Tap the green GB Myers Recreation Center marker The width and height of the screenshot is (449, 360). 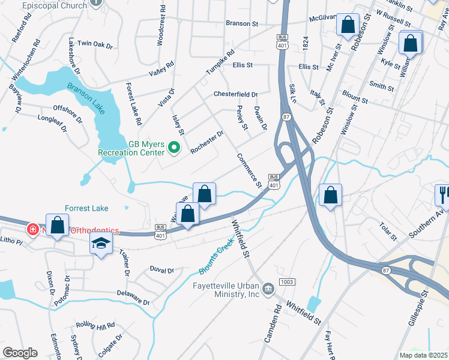(175, 146)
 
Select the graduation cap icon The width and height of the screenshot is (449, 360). (101, 244)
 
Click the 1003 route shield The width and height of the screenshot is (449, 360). (288, 282)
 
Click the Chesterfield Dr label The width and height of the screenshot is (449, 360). (235, 95)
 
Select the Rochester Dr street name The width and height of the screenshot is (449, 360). (206, 142)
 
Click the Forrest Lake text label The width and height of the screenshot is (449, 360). (86, 208)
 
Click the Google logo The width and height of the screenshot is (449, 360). (20, 352)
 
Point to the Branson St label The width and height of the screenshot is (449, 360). (241, 24)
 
